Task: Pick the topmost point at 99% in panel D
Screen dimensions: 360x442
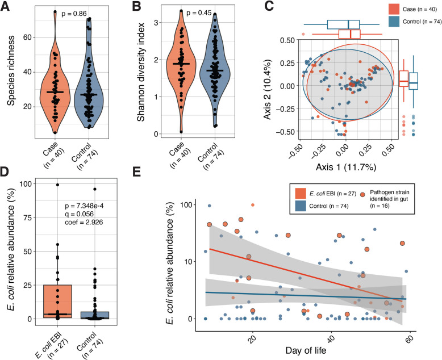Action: [x=57, y=185]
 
